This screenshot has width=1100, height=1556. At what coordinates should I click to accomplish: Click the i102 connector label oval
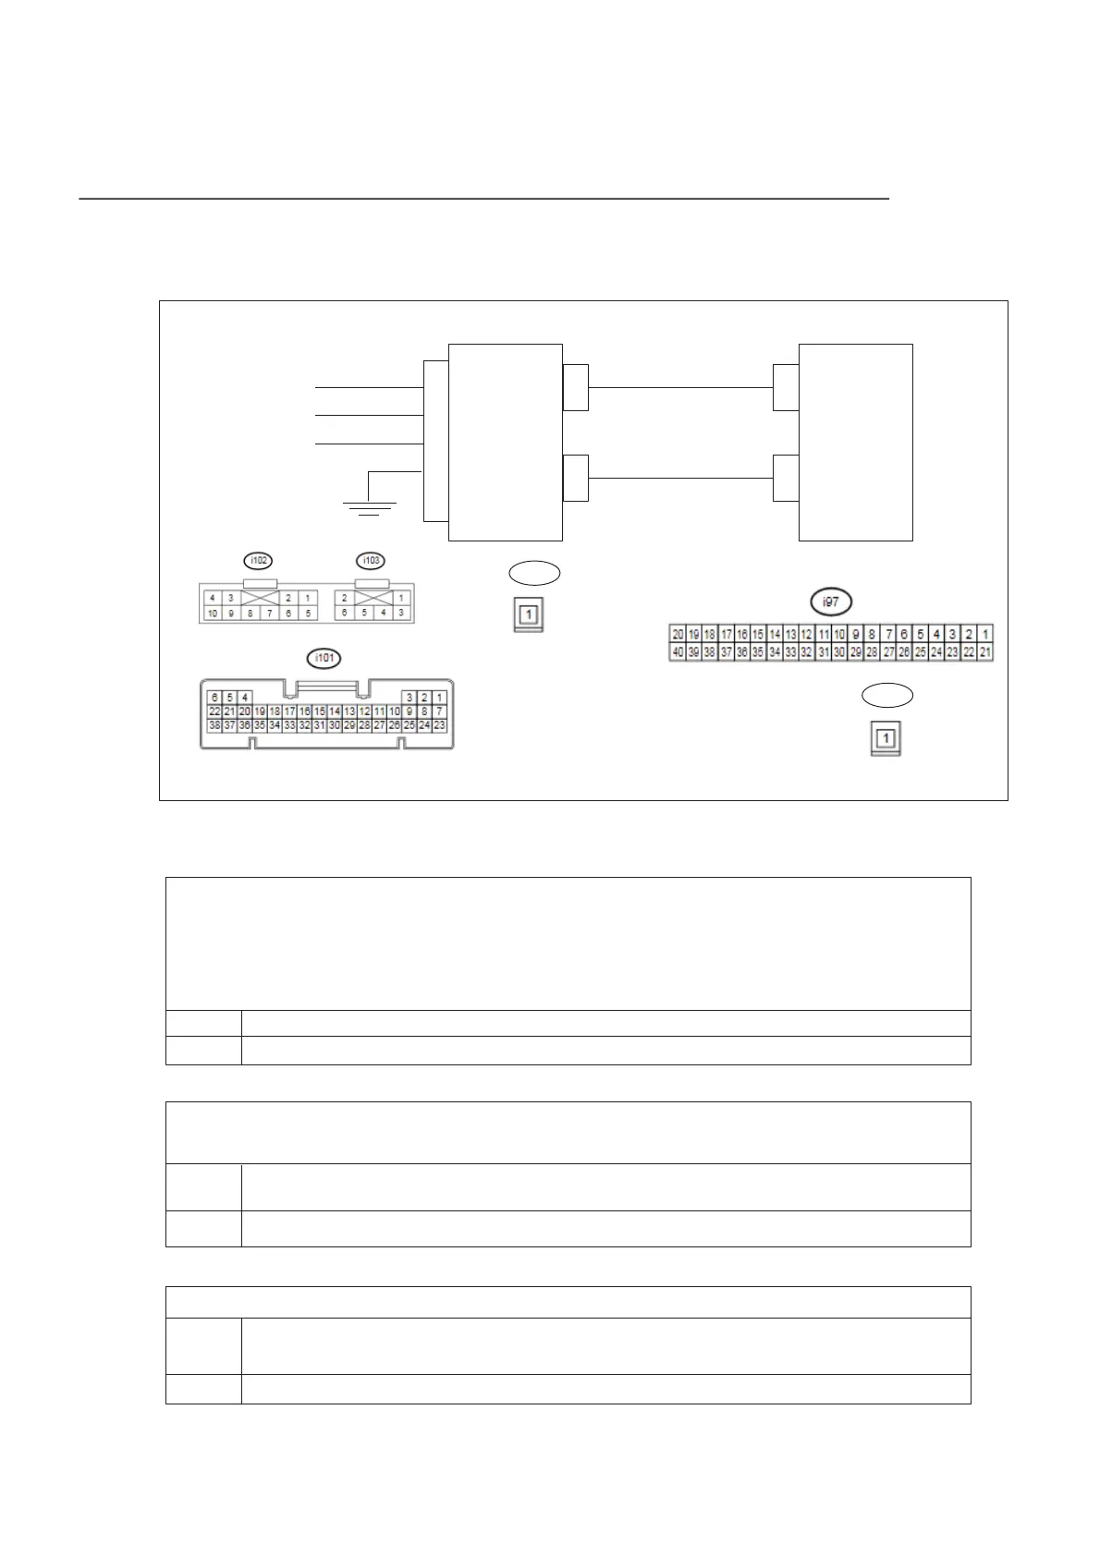259,560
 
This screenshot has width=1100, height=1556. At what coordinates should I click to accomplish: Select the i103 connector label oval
371,560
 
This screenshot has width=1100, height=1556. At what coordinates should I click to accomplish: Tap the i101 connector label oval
324,658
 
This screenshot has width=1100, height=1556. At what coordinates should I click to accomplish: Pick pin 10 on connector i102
213,614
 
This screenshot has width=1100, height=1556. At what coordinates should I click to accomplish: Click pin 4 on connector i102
213,598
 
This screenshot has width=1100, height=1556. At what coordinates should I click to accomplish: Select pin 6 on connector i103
345,614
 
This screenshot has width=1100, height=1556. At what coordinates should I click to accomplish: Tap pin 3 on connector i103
401,614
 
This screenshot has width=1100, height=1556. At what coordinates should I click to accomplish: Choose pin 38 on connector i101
214,725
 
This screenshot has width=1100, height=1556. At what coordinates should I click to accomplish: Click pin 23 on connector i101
439,725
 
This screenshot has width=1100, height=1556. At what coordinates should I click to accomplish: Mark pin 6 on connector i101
214,697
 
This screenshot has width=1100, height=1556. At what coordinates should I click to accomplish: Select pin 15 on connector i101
320,711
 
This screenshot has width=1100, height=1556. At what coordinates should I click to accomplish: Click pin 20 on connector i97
678,635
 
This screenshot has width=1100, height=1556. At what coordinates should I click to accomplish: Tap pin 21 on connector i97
985,652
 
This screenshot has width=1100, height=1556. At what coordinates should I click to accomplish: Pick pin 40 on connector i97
678,652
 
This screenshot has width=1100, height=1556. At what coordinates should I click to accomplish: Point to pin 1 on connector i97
985,635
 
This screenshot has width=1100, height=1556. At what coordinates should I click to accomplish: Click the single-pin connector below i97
886,739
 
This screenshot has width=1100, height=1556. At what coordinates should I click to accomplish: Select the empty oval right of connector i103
534,573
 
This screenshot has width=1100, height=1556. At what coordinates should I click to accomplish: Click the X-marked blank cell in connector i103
373,598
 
